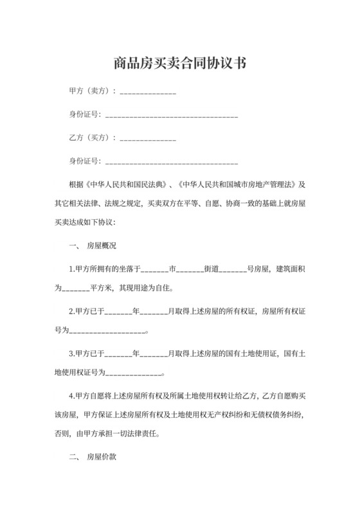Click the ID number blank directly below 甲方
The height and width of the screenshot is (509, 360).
(171, 116)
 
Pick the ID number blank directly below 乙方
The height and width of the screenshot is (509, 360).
(171, 161)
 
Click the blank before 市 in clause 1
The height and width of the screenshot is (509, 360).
(154, 269)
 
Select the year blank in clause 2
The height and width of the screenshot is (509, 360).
(118, 312)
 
